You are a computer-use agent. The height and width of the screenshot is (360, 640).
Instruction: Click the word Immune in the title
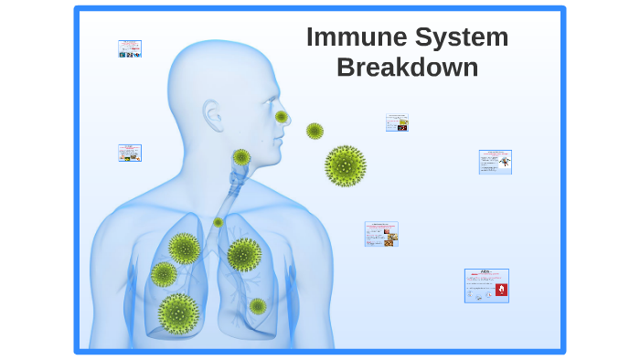click(356, 37)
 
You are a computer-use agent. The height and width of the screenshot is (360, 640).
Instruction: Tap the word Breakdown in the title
click(408, 68)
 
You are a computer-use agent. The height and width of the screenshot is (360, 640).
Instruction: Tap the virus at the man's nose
click(282, 117)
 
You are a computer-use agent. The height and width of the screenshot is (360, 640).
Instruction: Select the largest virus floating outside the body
click(346, 165)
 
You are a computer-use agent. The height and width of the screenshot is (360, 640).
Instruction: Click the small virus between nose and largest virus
click(315, 131)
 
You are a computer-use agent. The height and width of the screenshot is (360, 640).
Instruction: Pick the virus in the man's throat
click(241, 157)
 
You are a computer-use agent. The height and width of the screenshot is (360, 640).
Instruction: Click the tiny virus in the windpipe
click(218, 222)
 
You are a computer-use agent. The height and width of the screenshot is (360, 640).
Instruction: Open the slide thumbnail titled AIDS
click(486, 285)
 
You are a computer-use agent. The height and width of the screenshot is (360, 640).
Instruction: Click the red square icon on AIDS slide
click(500, 290)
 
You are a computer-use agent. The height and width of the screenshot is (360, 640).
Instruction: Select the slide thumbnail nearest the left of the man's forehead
click(130, 48)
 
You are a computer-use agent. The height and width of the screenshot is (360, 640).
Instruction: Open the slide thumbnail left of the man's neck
click(130, 153)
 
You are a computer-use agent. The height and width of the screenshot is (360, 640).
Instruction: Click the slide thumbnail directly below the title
click(397, 122)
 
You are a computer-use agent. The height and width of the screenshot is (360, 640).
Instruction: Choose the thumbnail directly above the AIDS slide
click(495, 162)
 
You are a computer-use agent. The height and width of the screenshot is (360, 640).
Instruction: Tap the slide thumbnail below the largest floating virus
click(381, 234)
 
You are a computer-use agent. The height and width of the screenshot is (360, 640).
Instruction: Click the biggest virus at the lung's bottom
click(178, 312)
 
